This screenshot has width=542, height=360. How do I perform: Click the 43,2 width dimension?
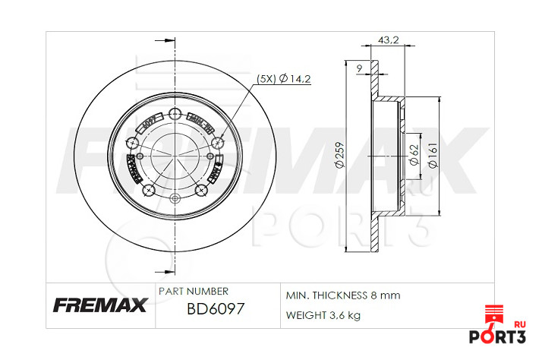[388, 40]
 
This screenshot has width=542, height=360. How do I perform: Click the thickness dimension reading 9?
[359, 69]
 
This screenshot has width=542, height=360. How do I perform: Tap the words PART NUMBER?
[193, 291]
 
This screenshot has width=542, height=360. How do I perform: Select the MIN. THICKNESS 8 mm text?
[342, 295]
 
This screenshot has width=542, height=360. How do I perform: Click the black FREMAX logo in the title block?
[99, 306]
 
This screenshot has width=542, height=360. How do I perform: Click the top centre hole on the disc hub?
[175, 115]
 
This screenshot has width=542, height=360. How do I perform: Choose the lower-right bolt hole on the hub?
[202, 190]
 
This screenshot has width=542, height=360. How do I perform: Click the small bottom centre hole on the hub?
[175, 200]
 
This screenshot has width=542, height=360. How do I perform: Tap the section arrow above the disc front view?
[162, 40]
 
